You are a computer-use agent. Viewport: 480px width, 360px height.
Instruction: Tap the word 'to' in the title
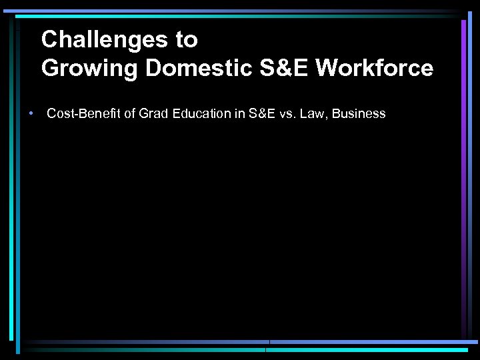tap(187, 40)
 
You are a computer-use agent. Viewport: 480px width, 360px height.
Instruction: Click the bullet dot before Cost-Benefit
tap(31, 114)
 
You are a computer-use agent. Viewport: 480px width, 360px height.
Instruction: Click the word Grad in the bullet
tap(151, 114)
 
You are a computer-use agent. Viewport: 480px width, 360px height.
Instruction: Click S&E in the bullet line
tap(261, 114)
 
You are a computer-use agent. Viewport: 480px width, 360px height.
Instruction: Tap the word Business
tap(359, 114)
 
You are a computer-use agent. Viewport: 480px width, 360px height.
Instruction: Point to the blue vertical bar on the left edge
tap(11, 173)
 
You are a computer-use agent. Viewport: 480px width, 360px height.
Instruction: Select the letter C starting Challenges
tap(49, 40)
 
